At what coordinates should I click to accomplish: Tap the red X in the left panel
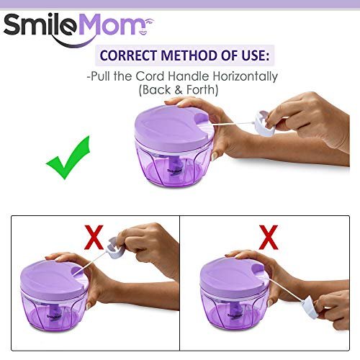(x=94, y=237)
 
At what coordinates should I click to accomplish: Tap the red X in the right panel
(x=269, y=237)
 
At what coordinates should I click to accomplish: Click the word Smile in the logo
(x=40, y=24)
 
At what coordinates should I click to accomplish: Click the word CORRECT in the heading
(x=128, y=55)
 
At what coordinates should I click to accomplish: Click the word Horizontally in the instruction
(x=246, y=76)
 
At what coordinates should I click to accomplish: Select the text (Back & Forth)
(x=179, y=90)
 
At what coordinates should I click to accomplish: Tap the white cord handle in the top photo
(x=264, y=124)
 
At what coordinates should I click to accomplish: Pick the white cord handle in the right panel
(x=310, y=308)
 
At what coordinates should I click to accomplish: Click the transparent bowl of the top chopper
(x=172, y=166)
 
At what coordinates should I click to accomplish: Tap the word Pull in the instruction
(x=101, y=76)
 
